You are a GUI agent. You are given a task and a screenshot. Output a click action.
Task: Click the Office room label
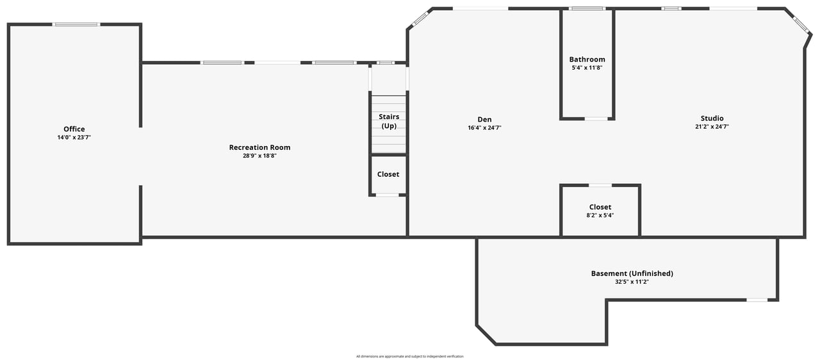coord(74,129)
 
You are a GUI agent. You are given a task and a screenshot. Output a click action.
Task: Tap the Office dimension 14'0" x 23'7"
coord(74,138)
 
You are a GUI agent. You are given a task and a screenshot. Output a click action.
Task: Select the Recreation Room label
coord(259,147)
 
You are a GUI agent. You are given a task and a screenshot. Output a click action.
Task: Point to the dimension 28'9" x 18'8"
coord(259,156)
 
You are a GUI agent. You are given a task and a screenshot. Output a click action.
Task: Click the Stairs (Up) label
coord(389,122)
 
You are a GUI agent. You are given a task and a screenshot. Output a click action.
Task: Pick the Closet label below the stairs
coord(388,174)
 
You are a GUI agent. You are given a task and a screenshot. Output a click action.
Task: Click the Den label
coord(484,120)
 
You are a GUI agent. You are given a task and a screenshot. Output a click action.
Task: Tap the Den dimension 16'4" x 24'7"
coord(484,128)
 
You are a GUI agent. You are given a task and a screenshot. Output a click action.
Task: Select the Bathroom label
coord(587,60)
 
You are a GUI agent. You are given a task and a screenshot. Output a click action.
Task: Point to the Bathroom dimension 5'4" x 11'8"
coord(587,68)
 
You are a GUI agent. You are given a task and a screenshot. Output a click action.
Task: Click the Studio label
coord(712,119)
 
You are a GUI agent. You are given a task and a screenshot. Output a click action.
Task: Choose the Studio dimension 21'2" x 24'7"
coord(712,127)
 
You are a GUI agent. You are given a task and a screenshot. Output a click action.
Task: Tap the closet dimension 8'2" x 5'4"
coord(600,215)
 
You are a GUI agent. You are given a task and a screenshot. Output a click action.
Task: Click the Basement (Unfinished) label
coord(632,274)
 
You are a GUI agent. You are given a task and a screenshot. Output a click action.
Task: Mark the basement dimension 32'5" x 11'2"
coord(632,282)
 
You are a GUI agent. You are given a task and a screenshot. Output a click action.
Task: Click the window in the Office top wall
coord(76,24)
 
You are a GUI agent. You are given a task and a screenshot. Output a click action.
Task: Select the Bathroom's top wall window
coord(587,8)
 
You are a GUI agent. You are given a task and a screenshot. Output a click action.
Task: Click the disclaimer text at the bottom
coord(410,356)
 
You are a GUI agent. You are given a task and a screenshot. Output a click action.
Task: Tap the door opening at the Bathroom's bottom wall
coord(596,119)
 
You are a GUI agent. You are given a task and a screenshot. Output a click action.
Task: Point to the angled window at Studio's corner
coord(801,25)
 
